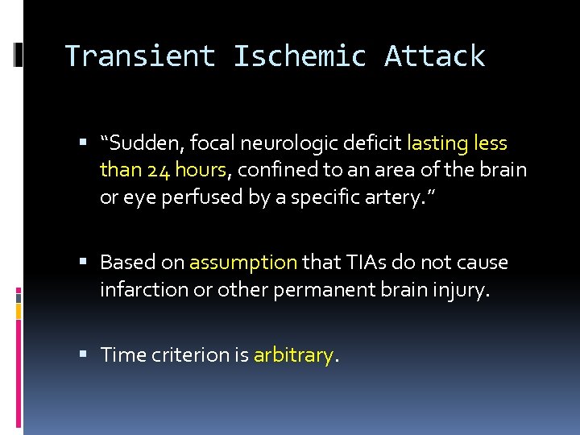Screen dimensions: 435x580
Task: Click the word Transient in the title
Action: click(x=140, y=56)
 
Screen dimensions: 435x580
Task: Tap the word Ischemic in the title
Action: click(x=300, y=56)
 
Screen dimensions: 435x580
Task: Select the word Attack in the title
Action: click(x=435, y=56)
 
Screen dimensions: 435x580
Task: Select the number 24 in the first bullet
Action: click(x=156, y=170)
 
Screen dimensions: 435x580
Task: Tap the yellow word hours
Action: click(x=200, y=170)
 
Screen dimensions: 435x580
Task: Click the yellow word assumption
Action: click(x=243, y=263)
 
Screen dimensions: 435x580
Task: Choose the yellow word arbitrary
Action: click(x=293, y=355)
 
